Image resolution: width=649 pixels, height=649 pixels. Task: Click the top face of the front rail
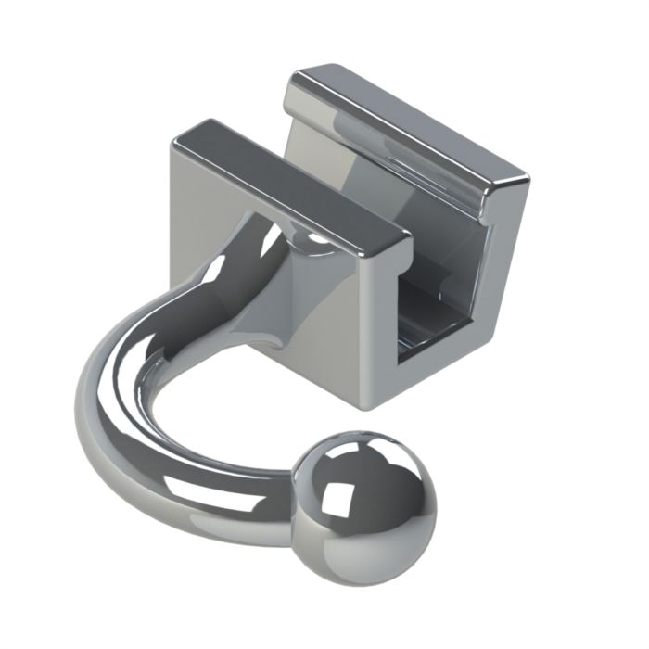pos(287,181)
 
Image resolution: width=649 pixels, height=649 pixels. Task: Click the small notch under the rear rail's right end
pos(487,218)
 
